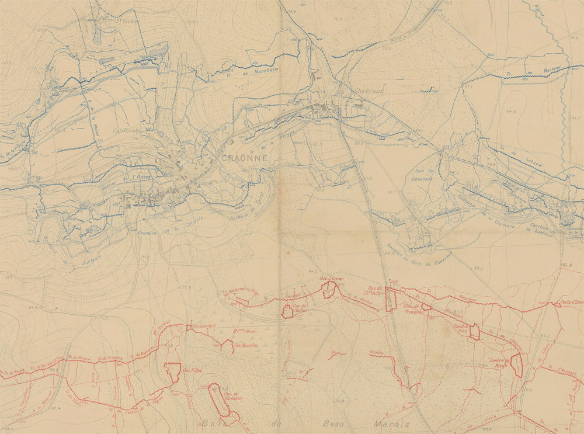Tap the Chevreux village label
pos(369,91)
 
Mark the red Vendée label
pos(377,352)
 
